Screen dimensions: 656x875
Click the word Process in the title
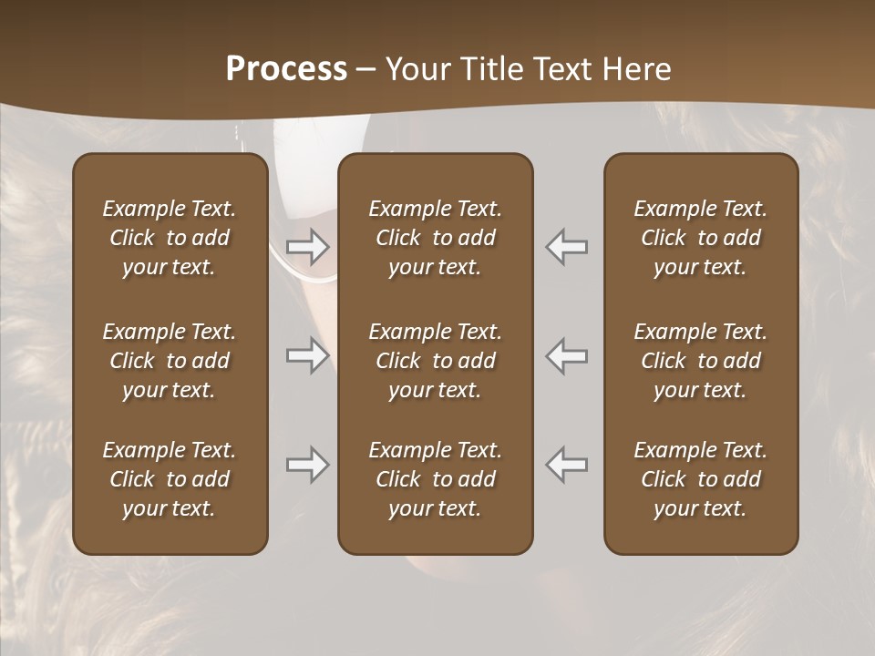click(286, 69)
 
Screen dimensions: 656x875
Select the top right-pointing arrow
click(308, 246)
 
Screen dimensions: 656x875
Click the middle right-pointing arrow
click(308, 355)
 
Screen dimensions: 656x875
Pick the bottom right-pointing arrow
click(308, 465)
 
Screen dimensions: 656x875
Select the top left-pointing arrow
click(566, 246)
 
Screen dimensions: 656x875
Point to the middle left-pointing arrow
click(566, 355)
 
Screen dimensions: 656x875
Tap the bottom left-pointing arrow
click(566, 465)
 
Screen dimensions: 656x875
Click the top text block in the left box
click(170, 238)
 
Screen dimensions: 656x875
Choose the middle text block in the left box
click(170, 361)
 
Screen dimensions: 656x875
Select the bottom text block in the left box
click(170, 479)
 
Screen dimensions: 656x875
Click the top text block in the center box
click(435, 238)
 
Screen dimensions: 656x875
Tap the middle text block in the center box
click(435, 361)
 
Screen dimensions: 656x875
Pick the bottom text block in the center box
click(435, 479)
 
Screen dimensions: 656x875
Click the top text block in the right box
click(701, 238)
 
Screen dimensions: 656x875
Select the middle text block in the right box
click(701, 361)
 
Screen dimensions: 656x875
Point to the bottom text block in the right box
click(701, 479)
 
